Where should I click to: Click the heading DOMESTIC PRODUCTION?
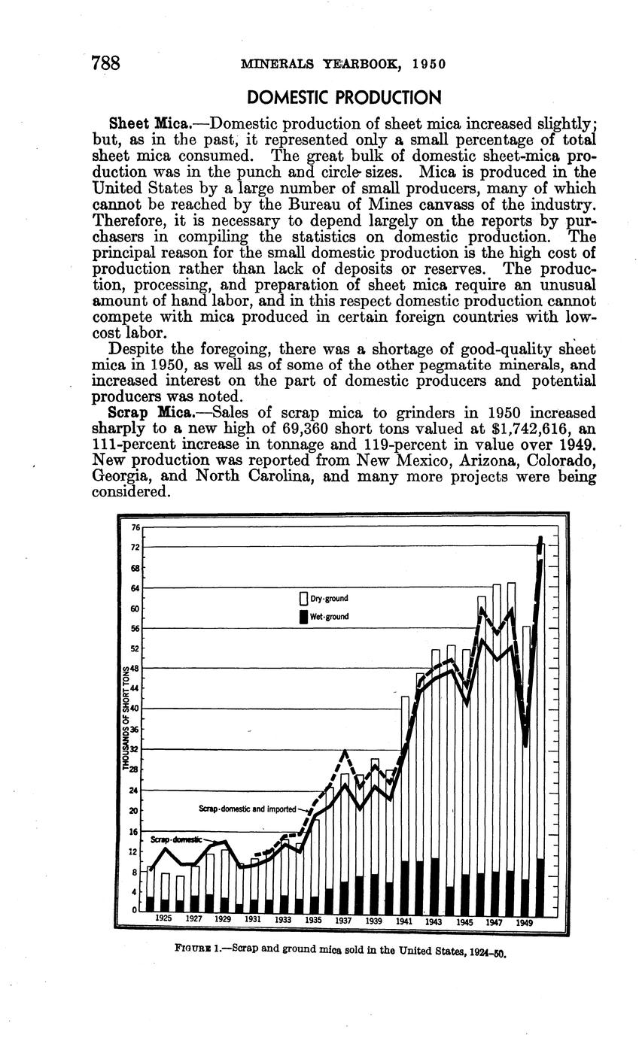tap(343, 98)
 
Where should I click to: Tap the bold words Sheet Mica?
tap(147, 123)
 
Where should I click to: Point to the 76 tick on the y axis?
tap(136, 527)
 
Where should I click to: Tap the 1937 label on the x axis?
tap(343, 919)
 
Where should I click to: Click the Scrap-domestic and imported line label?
tap(248, 809)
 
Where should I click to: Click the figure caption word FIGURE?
tap(191, 948)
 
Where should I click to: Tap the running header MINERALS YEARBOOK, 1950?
tap(343, 64)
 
